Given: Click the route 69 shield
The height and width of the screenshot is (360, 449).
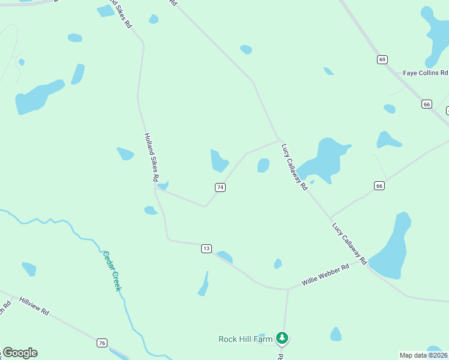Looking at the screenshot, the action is pos(382,59).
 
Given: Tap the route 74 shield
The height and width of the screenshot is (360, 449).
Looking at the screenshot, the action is pos(220,188).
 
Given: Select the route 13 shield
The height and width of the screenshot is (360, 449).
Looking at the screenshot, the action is pos(206,248).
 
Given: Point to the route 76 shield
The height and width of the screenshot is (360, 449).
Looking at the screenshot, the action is pos(103,343).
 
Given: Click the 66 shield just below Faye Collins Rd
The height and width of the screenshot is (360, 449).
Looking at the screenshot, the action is pos(427,104).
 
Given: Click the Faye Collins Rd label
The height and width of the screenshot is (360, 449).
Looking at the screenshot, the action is pos(425,73).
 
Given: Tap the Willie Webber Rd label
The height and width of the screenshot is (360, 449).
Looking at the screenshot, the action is pos(325,276).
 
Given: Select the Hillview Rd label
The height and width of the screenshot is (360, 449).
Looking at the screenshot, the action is pos(34,306).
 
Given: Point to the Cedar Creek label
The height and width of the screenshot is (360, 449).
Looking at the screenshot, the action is pos(112,271).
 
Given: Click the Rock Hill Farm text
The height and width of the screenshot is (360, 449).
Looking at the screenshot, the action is pos(246,339).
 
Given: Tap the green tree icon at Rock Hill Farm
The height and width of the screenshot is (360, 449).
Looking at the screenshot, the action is pos(282,339).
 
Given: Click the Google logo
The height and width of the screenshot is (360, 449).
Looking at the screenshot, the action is pos(20,353).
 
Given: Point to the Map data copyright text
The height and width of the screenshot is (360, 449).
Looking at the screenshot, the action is pos(423,355).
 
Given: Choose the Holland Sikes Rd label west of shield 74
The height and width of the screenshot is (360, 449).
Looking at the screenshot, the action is pos(151,157).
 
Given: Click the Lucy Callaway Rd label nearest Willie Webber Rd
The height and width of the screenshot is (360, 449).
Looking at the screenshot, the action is pos(349,244).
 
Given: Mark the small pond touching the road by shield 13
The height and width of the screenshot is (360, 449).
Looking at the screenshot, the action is pos(225,257).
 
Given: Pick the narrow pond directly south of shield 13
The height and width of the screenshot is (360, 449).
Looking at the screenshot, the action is pos(204,284).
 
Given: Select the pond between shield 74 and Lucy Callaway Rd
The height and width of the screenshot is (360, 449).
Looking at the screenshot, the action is pos(263,165).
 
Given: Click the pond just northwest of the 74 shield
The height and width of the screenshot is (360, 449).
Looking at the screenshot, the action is pos(218,160).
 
